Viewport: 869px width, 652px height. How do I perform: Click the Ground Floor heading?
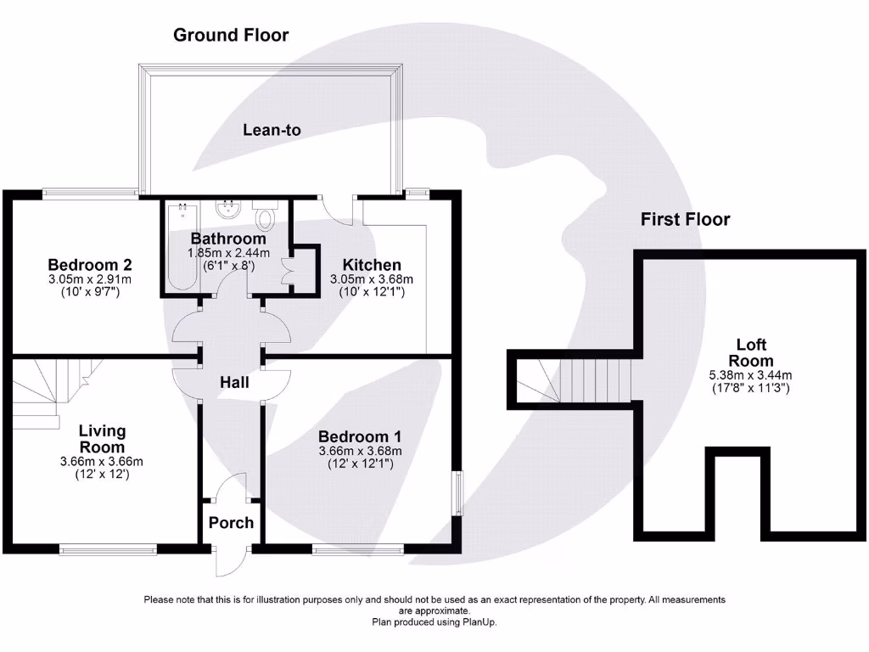[231, 35]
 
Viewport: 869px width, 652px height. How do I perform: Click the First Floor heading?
[685, 220]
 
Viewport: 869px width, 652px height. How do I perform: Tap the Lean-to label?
[272, 130]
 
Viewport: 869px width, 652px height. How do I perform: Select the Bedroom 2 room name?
[89, 264]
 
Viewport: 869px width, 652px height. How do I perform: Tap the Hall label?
[234, 383]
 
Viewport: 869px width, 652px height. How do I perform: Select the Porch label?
[231, 522]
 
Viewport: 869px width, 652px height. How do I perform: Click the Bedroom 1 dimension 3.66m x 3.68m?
[360, 451]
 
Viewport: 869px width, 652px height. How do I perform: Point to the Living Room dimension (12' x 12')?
[102, 475]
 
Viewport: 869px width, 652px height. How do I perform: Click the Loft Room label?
[751, 352]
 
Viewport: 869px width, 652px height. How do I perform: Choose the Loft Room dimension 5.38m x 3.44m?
[751, 375]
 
